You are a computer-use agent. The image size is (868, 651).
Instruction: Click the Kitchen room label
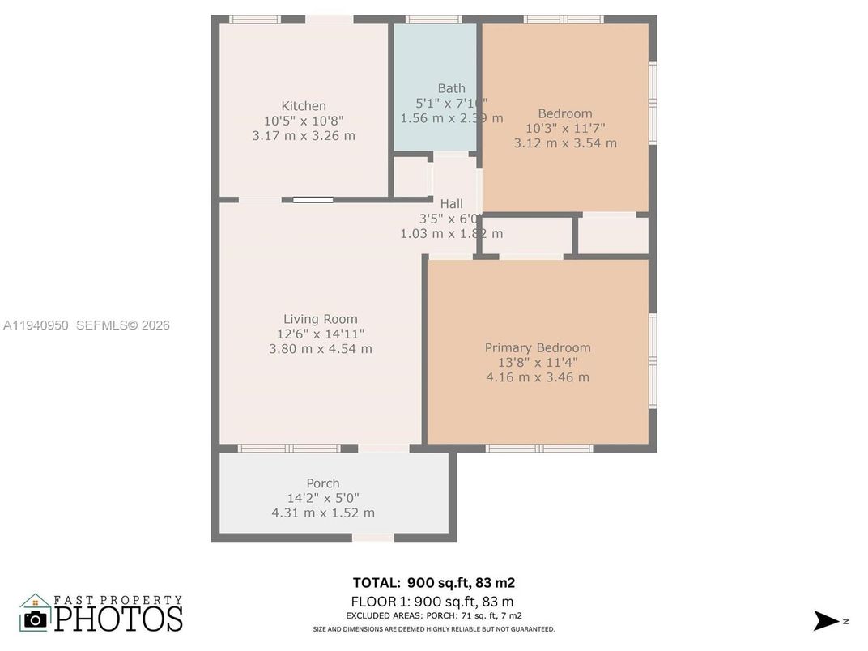pos(304,106)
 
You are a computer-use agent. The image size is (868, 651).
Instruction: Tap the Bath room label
pos(452,88)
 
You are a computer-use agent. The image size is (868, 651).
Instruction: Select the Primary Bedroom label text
pos(538,348)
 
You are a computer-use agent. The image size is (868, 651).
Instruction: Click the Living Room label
pos(320,319)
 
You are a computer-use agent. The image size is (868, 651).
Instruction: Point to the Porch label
pos(322,483)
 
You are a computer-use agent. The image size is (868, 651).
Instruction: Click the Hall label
pos(451,204)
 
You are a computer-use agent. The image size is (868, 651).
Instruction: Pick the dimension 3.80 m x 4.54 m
pos(320,349)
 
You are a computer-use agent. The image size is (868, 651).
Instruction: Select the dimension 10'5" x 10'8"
pos(304,121)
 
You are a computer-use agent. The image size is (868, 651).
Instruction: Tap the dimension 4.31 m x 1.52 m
pos(322,513)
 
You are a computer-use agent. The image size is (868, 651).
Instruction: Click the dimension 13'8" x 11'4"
pos(538,363)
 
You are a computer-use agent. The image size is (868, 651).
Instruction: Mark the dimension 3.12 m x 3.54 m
pos(565,143)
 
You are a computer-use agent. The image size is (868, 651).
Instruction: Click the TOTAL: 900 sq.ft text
pos(433,583)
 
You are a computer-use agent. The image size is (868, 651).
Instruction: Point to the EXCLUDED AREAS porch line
pos(433,616)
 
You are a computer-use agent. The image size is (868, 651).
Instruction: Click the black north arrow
pos(827,621)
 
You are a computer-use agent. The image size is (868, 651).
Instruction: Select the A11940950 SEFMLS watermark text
pos(87,325)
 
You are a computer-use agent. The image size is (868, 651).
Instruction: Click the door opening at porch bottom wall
pos(373,537)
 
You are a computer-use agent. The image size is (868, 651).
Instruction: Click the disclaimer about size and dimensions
pos(433,629)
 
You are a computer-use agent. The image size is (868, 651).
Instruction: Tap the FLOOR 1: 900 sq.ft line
pos(432,602)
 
